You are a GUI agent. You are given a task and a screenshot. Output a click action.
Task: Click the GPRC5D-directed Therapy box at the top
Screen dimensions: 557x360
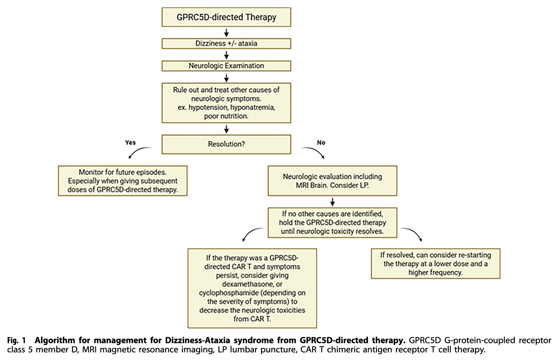coord(226,17)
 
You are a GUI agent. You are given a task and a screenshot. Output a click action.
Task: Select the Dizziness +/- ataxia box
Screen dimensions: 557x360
coord(226,43)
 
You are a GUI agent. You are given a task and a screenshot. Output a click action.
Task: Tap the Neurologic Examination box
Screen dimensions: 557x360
coord(226,66)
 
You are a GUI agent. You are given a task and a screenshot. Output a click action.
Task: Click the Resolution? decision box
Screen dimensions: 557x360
coord(226,144)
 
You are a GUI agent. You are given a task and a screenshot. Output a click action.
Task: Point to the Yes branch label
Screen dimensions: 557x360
coord(131,143)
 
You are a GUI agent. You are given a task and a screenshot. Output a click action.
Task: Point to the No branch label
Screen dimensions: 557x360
coord(321,143)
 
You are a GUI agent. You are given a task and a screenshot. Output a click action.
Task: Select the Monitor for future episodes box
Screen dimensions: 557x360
coord(123,181)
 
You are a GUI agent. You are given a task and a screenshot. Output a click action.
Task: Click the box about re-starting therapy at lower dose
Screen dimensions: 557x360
coord(436,263)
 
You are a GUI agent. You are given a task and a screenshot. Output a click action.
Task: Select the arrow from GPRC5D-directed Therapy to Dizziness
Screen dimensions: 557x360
coord(226,32)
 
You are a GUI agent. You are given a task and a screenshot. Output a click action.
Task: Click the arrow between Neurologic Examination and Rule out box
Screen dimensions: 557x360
coord(226,77)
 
